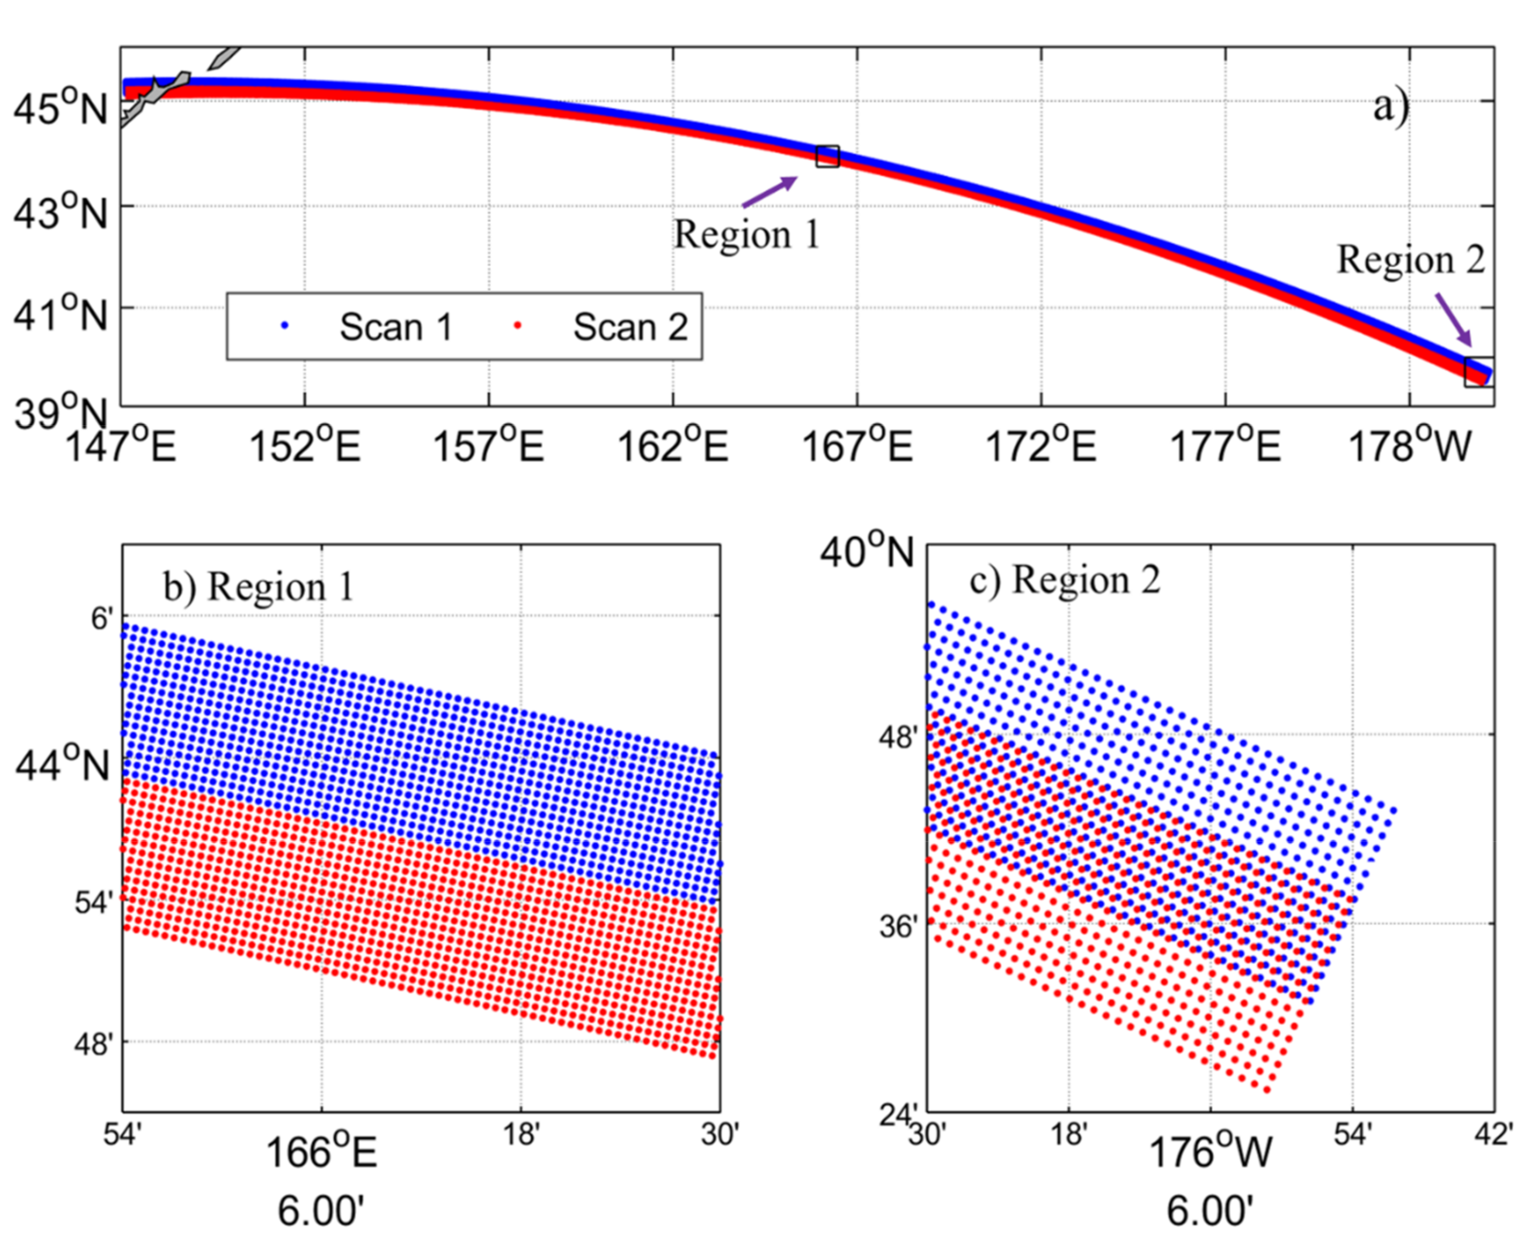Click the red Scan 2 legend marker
click(x=517, y=326)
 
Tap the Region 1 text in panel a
click(x=746, y=234)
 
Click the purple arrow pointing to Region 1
click(x=770, y=191)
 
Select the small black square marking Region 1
click(x=827, y=156)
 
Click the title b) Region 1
click(x=259, y=587)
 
